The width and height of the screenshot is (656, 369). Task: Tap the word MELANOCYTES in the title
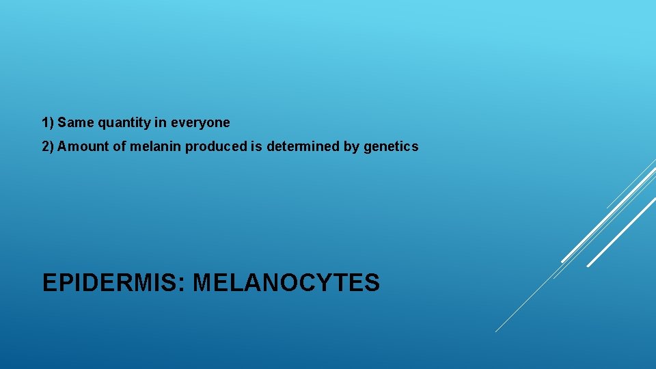click(x=286, y=282)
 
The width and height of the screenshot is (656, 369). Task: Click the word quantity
click(x=125, y=124)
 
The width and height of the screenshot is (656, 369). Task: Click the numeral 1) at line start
click(x=48, y=123)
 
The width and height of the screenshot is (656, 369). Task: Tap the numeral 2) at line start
click(x=48, y=146)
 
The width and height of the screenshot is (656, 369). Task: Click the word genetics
click(x=391, y=146)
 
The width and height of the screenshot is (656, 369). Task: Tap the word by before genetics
click(x=351, y=146)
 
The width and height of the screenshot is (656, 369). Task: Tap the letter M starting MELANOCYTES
click(x=204, y=282)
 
